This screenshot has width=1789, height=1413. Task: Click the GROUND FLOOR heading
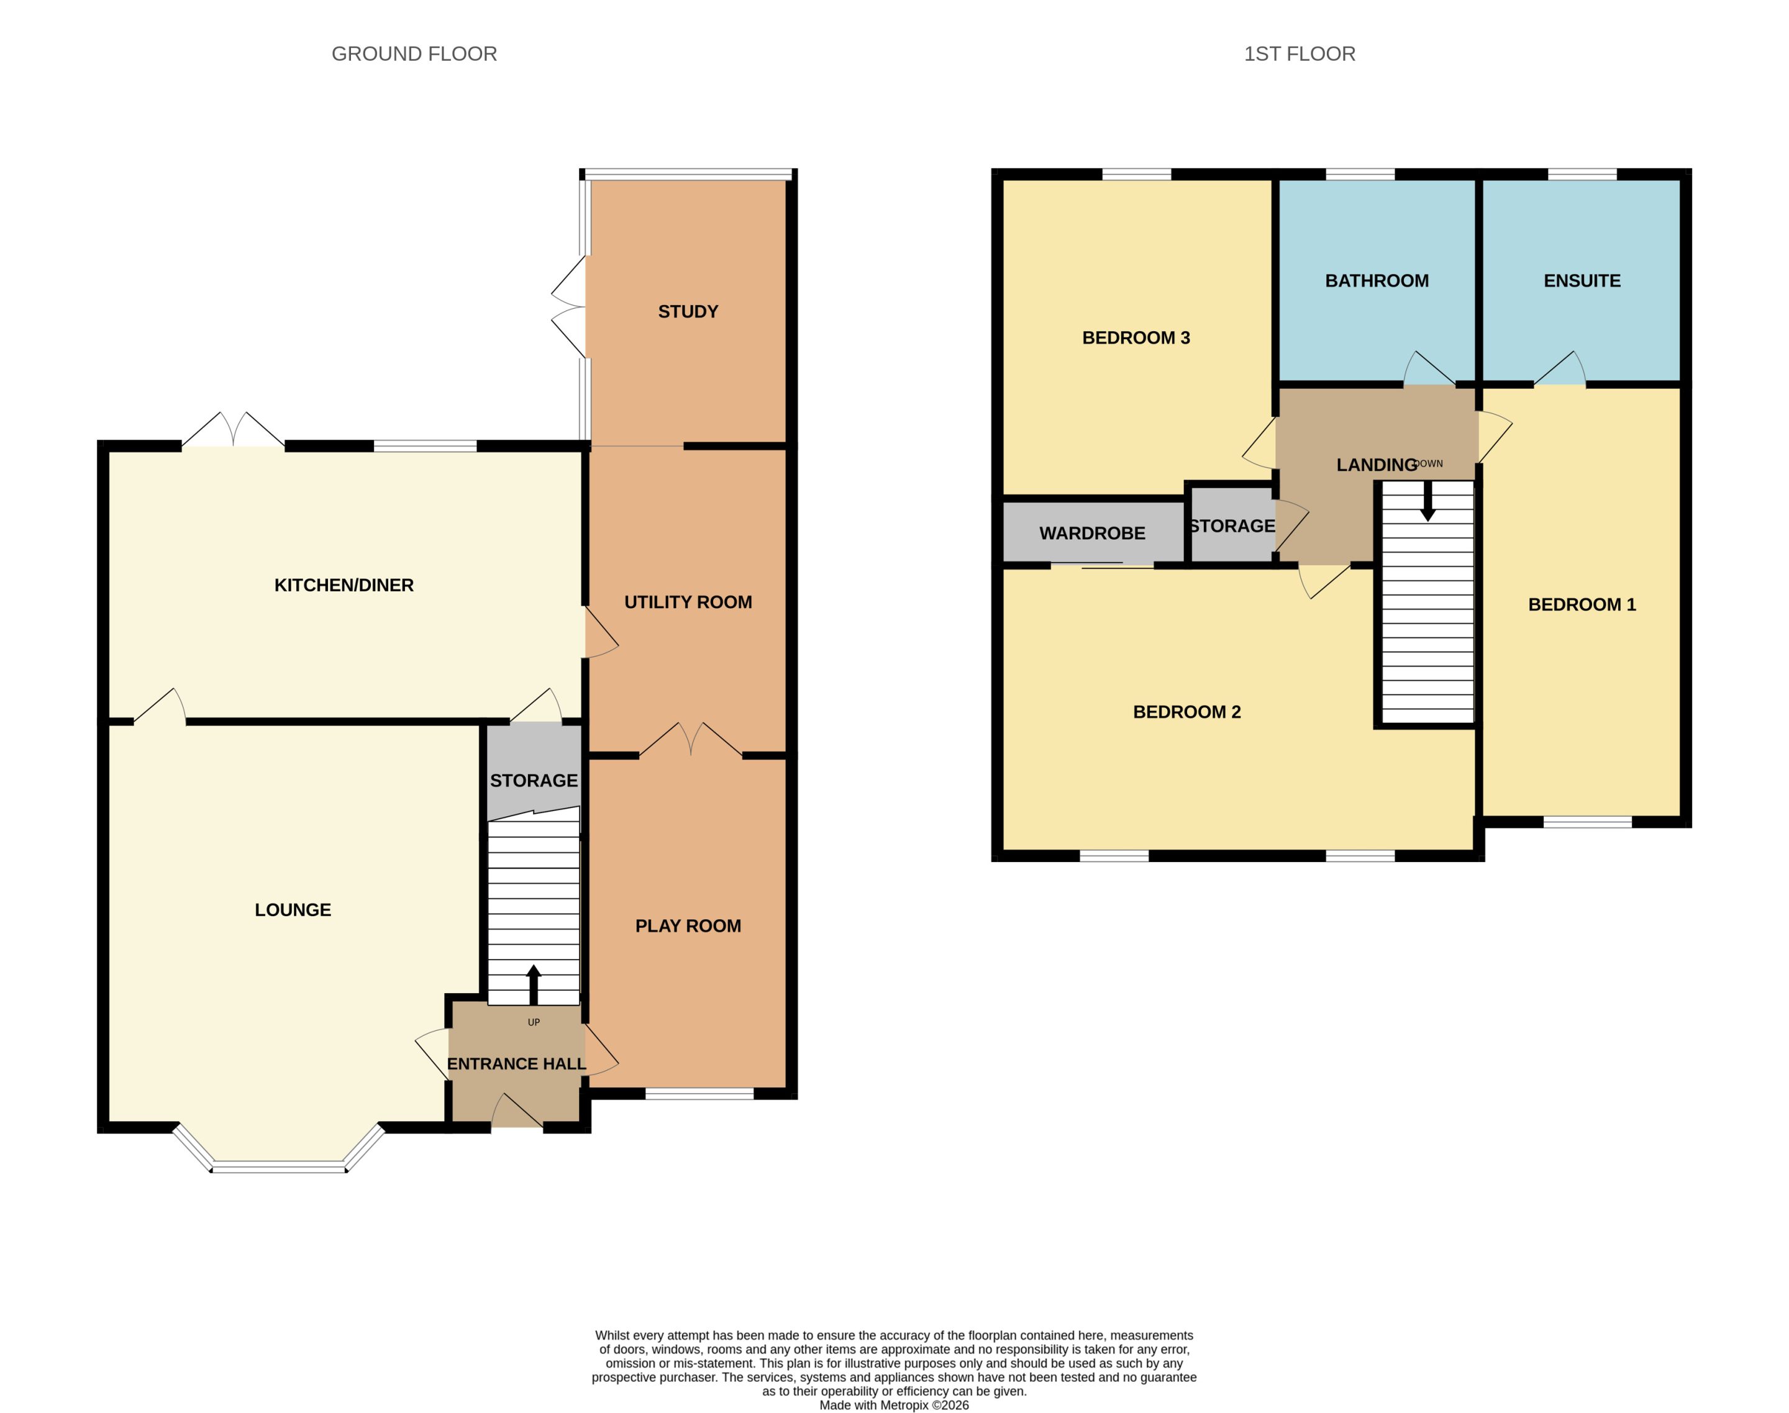414,54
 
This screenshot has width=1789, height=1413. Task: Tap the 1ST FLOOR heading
1299,54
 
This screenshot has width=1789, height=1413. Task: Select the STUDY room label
688,312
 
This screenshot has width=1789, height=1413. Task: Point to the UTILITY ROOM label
688,602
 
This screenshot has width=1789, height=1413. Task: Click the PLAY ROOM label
688,925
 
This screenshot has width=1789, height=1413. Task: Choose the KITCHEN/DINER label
344,585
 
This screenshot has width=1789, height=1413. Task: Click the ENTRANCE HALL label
516,1064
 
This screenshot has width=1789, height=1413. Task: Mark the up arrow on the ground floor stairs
534,984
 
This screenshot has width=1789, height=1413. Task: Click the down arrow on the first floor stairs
1427,501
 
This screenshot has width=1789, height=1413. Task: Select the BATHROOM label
1377,281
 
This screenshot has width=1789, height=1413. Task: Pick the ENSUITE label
1582,281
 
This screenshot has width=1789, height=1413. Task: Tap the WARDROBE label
1092,534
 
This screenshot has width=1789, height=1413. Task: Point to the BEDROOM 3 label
1136,337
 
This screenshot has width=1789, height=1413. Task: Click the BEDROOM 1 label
1582,605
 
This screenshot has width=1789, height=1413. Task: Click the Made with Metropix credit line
894,1405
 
